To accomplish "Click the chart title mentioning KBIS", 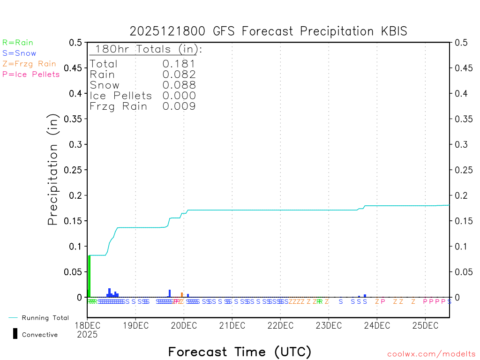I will coord(268,31).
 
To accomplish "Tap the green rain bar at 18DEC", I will coord(89,277).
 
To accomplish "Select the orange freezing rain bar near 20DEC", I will coord(182,295).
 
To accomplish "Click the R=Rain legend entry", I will coord(18,43).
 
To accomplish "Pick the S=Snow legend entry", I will coord(19,53).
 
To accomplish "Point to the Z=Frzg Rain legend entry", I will coord(29,64).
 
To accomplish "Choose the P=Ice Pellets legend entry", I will coord(31,74).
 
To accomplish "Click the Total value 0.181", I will coord(179,64).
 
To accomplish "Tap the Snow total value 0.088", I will coord(179,85).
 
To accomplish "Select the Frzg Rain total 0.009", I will coord(179,106).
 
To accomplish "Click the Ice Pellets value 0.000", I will coord(179,96).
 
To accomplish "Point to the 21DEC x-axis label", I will coord(232,325).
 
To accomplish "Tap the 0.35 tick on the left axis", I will coord(75,119).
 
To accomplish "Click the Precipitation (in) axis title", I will coord(53,170).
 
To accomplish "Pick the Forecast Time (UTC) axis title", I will coord(240,352).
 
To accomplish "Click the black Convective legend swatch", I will coord(15,334).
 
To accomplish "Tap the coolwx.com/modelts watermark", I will coord(431,354).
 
